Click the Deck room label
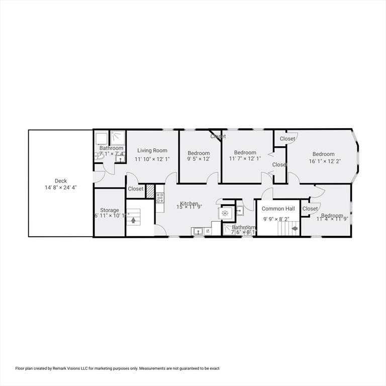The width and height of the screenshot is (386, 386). tap(61, 181)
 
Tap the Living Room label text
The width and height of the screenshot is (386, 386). tap(152, 150)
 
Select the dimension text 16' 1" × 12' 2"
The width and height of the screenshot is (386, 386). tap(323, 161)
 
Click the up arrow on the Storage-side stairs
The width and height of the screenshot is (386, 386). tap(133, 220)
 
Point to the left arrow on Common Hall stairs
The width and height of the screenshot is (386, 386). tap(295, 228)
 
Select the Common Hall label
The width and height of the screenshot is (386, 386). tap(278, 209)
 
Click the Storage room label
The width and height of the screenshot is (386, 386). tap(110, 210)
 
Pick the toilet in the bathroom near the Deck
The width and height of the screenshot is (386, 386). tap(99, 156)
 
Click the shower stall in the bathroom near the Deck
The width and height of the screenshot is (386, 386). tap(118, 137)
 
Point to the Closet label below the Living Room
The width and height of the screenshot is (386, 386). tap(136, 189)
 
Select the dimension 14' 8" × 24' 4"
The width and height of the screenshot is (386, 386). tap(61, 187)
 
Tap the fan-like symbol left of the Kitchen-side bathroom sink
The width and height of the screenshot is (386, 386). tap(225, 213)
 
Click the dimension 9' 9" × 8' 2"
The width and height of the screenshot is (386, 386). tap(276, 219)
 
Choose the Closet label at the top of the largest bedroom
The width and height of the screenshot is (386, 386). tap(287, 139)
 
